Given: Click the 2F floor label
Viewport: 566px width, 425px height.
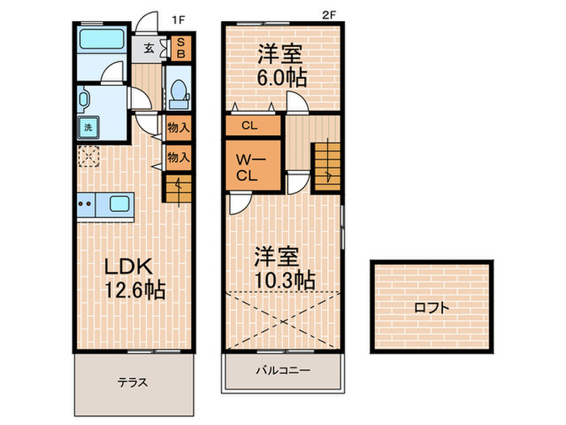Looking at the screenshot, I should [328, 15].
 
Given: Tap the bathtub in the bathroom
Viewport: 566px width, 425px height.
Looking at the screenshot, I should [100, 40].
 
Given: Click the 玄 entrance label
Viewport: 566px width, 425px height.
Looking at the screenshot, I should [150, 48].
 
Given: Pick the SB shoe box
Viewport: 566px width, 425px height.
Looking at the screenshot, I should [180, 48].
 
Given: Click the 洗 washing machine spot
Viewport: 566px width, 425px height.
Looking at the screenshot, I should [86, 126].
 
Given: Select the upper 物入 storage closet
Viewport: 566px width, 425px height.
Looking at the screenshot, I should [178, 127].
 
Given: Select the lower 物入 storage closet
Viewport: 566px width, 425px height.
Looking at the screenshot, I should [178, 157].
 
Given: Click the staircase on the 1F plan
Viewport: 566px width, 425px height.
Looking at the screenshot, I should [178, 188].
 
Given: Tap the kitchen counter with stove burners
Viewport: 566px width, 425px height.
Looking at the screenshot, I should [96, 205].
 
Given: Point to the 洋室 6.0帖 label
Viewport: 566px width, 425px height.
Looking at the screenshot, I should [280, 66].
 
